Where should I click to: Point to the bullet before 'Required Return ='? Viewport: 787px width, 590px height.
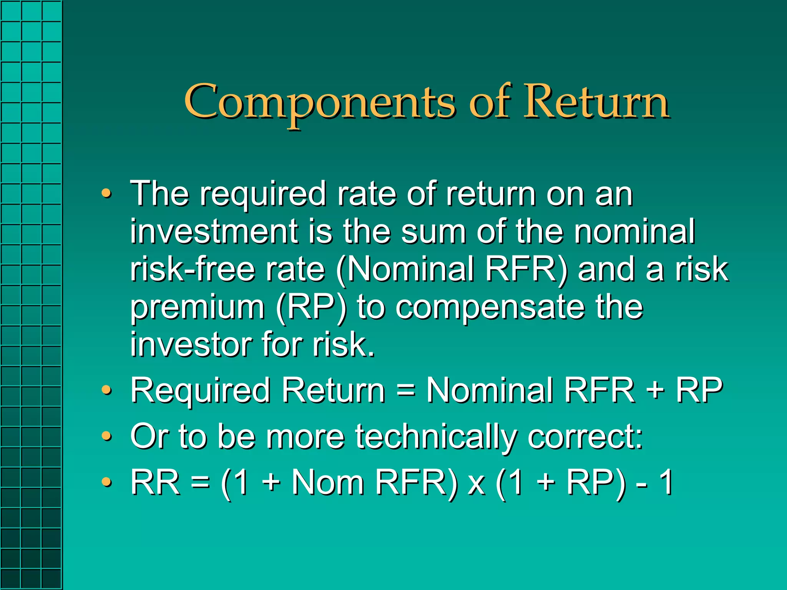point(106,390)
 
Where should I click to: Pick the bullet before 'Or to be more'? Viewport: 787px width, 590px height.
point(106,436)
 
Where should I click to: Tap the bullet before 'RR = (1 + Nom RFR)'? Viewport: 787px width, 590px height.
point(106,482)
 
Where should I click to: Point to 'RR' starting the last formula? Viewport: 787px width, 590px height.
point(155,482)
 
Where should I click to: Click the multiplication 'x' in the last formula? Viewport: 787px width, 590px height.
point(477,484)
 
